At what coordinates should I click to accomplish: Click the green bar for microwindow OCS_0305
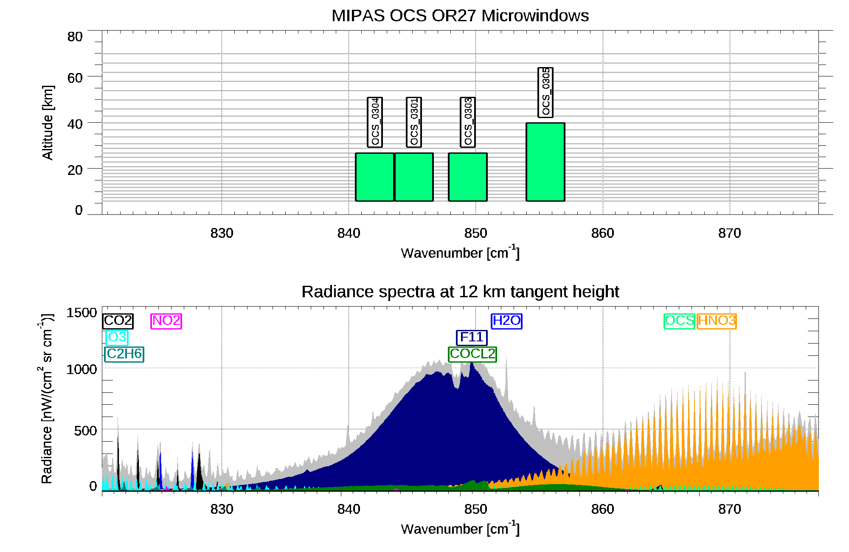545,162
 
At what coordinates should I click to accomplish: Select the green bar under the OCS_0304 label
374,177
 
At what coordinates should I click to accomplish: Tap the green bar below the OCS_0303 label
468,177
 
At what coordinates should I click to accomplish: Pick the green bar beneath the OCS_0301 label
414,177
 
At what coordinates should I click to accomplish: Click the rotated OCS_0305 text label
545,92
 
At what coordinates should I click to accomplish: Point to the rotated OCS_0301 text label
414,122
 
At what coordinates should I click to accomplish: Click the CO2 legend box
118,321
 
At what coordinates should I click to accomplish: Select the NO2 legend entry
166,321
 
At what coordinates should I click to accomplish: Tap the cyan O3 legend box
117,337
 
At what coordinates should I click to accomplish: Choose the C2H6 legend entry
124,354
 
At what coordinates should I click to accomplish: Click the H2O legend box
506,321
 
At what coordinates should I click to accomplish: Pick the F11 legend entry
472,337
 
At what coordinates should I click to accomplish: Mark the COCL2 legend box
472,354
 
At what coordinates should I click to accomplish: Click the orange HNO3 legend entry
717,321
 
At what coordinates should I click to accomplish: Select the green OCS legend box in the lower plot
679,321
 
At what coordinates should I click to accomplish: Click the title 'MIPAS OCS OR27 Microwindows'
460,16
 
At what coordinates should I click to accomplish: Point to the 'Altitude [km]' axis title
48,122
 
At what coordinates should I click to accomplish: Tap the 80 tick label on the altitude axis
75,37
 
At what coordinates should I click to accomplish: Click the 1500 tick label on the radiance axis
82,313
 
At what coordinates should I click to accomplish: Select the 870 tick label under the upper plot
729,233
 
